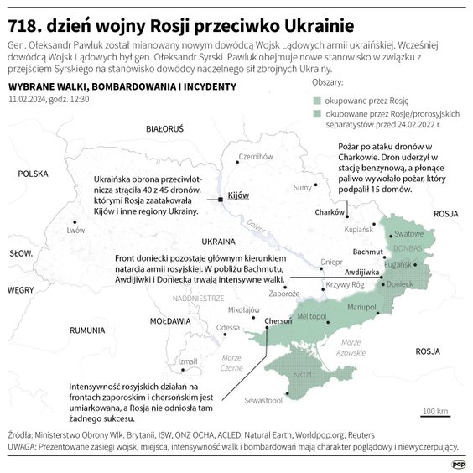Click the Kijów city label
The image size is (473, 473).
coord(239,194)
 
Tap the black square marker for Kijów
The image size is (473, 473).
coord(220,200)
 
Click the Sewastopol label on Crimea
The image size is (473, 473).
coord(264,402)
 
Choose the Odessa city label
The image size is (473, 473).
coord(227,328)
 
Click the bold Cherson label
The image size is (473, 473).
coord(278,320)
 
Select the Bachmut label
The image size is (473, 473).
coord(367,252)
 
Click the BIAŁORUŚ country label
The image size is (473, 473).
coord(164,130)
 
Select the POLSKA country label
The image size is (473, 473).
coord(33,174)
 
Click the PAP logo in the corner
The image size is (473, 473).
coord(458,463)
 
